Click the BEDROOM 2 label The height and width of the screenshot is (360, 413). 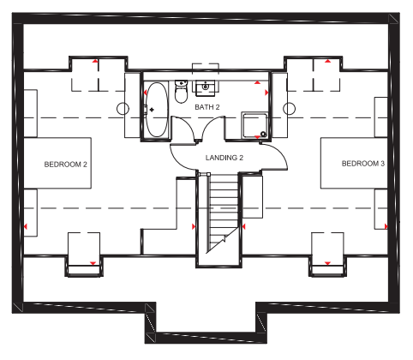click(x=65, y=165)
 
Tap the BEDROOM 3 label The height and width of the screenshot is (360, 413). click(x=363, y=164)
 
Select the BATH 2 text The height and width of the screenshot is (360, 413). click(x=207, y=107)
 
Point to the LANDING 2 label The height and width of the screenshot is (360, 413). click(x=224, y=158)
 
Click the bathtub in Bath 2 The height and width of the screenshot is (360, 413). click(x=157, y=110)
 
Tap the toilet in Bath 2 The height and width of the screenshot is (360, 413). click(x=181, y=92)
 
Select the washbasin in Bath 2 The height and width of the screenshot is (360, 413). click(x=206, y=87)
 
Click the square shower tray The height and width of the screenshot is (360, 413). click(x=254, y=125)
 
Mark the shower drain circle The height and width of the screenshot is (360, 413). click(x=263, y=134)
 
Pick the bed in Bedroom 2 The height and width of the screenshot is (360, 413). click(x=57, y=163)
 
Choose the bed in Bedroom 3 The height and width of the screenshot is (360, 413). click(x=354, y=163)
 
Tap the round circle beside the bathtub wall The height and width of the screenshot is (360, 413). click(x=123, y=109)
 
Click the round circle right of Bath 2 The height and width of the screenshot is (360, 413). click(x=289, y=109)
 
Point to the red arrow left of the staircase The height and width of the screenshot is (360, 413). click(x=194, y=226)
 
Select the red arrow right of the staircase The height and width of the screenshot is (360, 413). click(x=243, y=226)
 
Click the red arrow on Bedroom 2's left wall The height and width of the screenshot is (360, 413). click(x=26, y=227)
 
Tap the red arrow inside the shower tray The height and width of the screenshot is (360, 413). click(x=257, y=137)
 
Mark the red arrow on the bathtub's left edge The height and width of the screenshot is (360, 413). click(x=145, y=93)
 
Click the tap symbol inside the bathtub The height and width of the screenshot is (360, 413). click(x=152, y=110)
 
